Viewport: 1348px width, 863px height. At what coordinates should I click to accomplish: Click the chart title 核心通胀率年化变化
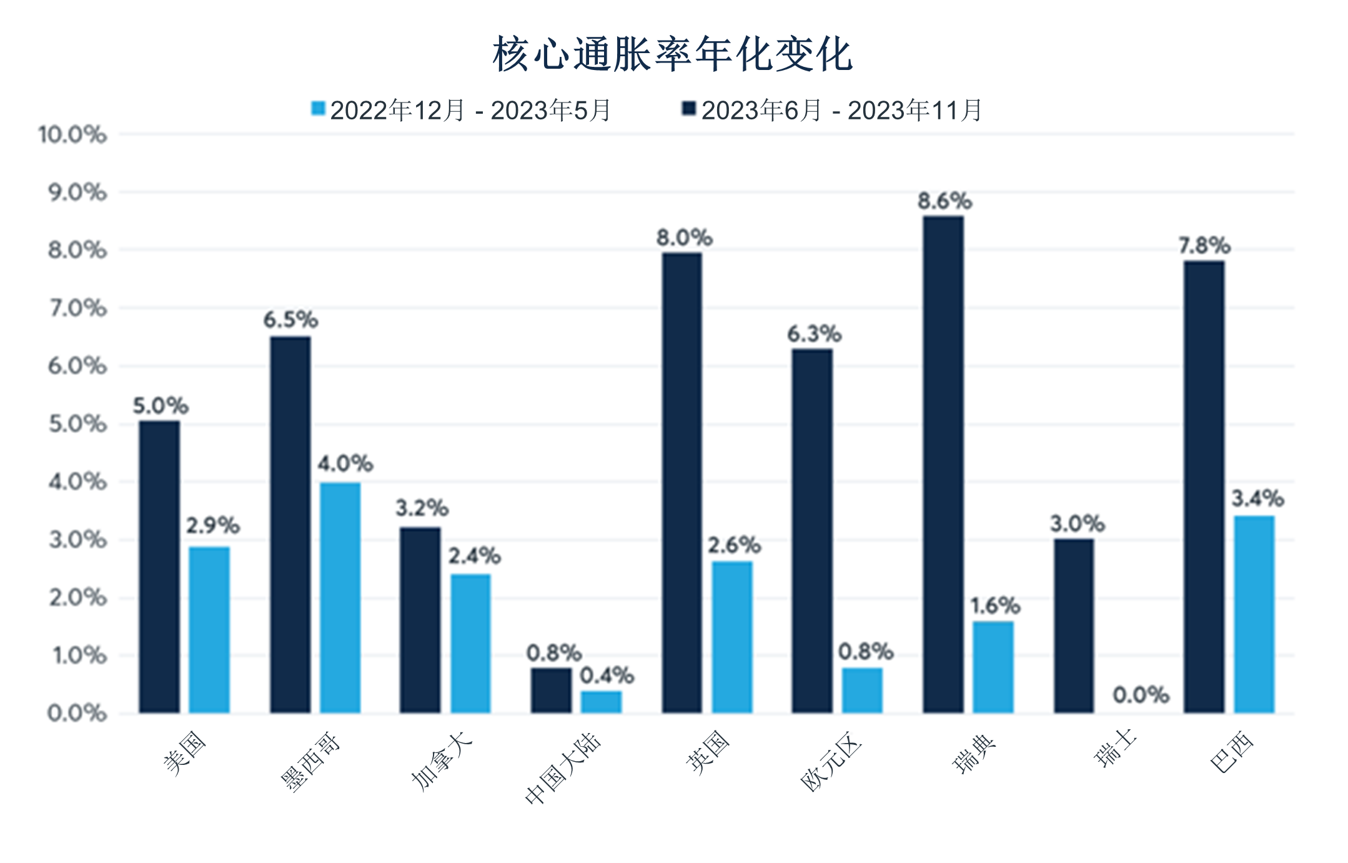click(672, 55)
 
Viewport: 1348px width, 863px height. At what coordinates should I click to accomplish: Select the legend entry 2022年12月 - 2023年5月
click(461, 111)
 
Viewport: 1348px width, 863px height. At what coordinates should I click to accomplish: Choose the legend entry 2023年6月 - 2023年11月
click(833, 111)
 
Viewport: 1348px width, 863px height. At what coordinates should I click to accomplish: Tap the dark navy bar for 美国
click(159, 566)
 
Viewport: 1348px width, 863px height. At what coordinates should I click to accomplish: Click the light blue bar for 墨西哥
click(340, 597)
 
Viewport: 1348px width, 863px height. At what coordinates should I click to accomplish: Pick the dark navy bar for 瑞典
click(943, 464)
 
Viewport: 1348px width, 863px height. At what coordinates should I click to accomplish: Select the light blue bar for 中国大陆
click(601, 701)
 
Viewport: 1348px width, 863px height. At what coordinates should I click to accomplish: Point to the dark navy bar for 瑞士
click(1074, 625)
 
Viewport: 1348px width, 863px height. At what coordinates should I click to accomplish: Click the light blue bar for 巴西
click(1254, 614)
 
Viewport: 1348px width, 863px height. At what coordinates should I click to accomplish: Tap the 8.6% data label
click(944, 201)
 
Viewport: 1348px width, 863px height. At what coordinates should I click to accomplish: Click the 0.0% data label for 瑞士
click(1141, 695)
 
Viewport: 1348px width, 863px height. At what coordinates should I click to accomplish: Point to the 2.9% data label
click(212, 526)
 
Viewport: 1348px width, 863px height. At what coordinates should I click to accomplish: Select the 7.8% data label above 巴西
click(1204, 246)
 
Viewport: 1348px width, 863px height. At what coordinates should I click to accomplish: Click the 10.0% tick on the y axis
click(72, 134)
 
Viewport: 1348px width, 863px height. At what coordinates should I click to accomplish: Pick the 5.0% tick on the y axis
click(77, 424)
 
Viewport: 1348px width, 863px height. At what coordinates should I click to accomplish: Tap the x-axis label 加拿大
click(442, 761)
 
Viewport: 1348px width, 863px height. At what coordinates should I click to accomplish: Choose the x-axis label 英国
click(708, 753)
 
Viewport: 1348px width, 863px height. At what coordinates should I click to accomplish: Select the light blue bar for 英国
click(732, 636)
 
